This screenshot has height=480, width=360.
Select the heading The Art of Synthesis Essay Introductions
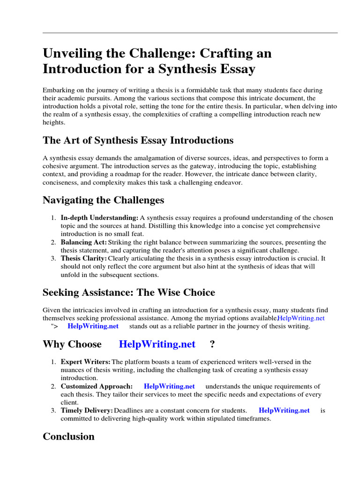tap(138, 140)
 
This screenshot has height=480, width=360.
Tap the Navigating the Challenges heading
tap(103, 200)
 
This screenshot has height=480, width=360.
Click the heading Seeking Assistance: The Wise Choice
tap(129, 292)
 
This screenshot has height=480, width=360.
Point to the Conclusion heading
tap(68, 436)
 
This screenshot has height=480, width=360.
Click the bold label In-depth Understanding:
tap(99, 217)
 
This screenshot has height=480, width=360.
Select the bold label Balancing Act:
tap(83, 242)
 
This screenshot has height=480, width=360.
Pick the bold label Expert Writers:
tap(85, 362)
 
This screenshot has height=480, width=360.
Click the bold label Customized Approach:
tap(97, 386)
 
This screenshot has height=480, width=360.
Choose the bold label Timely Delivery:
tap(87, 410)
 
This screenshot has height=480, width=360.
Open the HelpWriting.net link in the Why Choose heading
tap(157, 344)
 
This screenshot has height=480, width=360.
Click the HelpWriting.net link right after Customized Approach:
tap(169, 386)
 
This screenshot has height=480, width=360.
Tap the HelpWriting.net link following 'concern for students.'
tap(284, 410)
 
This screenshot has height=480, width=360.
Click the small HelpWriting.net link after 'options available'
tap(301, 318)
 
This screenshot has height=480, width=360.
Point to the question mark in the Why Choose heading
tap(212, 344)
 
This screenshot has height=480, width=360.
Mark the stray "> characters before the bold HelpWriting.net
tap(53, 326)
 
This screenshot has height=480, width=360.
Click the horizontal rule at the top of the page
tap(190, 33)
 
